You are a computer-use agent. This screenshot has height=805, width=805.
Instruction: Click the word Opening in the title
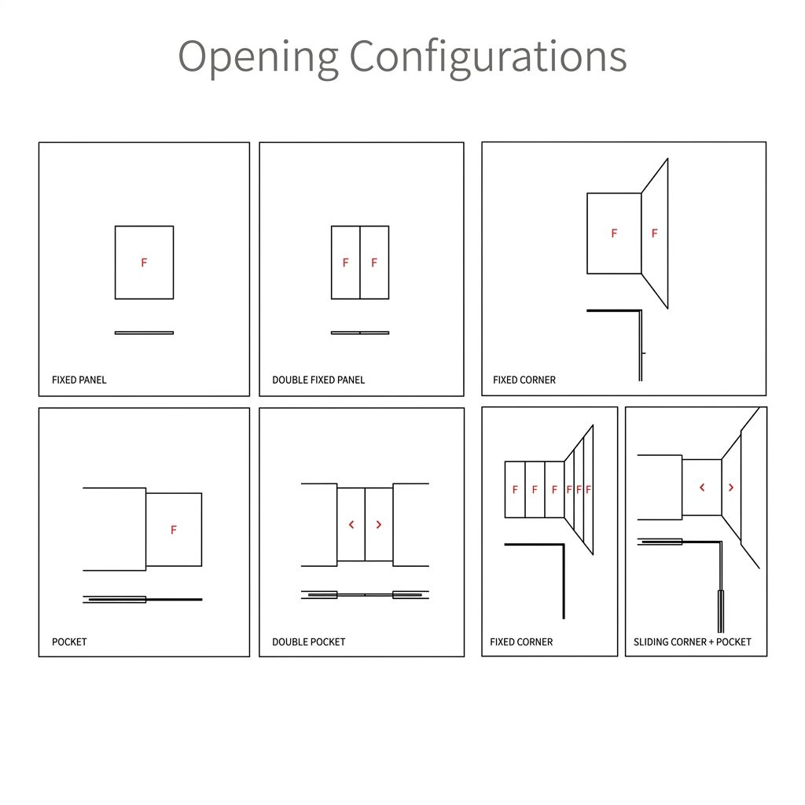pos(258,57)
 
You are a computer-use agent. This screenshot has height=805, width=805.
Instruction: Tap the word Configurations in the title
pos(487,57)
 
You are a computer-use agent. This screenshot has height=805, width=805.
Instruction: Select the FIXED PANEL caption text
pos(79,380)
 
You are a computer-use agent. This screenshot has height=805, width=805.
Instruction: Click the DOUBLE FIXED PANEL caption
pos(318,380)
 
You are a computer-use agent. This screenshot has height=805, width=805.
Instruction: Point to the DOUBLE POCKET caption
pos(308,641)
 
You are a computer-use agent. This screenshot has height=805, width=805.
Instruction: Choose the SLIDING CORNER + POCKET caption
pos(692,641)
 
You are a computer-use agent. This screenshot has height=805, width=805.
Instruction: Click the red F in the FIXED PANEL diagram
pos(145,263)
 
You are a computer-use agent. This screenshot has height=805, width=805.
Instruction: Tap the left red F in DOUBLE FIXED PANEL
pos(346,263)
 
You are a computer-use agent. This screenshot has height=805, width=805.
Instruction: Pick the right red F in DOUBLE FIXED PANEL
pos(374,263)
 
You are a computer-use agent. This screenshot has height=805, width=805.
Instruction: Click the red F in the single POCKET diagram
pos(174,529)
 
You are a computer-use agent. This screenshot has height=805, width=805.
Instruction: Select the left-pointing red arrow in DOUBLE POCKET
pos(351,524)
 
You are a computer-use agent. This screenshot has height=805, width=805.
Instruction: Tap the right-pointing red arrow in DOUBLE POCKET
pos(379,524)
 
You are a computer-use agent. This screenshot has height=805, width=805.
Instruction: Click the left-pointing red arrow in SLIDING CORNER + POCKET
pos(702,487)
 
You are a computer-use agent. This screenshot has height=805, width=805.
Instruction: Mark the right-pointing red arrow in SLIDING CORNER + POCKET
pos(731,487)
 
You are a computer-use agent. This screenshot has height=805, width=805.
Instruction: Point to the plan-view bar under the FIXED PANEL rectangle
pos(145,333)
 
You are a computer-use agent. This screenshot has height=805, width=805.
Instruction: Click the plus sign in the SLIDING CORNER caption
pos(711,642)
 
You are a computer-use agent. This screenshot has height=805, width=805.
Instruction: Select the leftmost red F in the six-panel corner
pos(515,490)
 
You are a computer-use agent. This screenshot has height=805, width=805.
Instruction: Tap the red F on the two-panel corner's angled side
pos(655,233)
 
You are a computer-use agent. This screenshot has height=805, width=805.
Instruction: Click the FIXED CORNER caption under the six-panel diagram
pos(521,641)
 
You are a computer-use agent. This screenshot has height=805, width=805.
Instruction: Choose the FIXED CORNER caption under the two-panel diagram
pos(524,380)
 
